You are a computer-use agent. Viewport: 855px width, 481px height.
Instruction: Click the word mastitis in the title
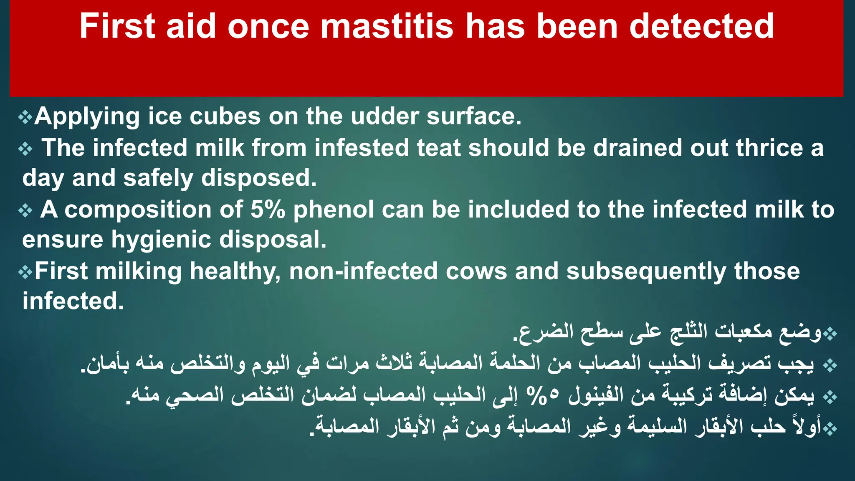tap(386, 26)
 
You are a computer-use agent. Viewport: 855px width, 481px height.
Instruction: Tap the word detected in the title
tap(701, 26)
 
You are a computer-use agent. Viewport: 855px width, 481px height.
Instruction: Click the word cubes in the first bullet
tap(225, 116)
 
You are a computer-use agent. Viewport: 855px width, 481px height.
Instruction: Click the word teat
tap(438, 148)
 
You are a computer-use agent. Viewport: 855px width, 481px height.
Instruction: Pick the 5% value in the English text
tap(268, 209)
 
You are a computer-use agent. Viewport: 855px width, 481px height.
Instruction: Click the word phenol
tap(334, 209)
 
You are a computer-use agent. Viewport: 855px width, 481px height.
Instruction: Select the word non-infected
tap(363, 271)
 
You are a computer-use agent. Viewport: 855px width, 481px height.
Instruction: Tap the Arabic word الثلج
tap(689, 332)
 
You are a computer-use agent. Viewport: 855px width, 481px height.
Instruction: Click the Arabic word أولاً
tap(807, 425)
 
